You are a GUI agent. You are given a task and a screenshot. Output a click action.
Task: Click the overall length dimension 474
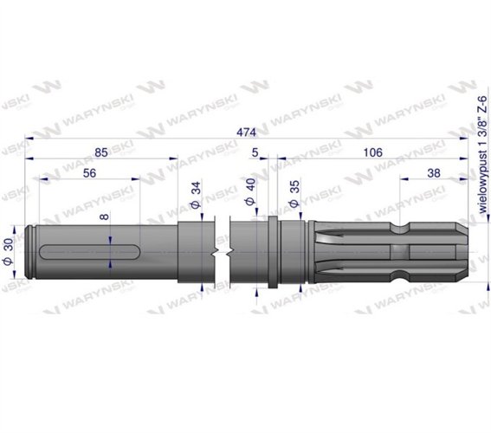click(x=246, y=132)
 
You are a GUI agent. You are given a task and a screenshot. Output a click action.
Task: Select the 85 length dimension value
click(x=101, y=152)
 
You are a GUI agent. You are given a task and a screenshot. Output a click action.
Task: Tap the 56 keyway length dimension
click(x=89, y=173)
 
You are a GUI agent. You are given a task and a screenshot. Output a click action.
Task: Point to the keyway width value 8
click(x=105, y=216)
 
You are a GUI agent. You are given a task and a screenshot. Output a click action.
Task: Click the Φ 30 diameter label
click(x=9, y=251)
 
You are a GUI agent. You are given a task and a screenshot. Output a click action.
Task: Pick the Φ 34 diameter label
click(x=196, y=196)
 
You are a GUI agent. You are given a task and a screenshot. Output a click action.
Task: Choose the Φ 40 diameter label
click(x=250, y=192)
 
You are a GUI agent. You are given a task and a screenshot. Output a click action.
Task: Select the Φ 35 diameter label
click(x=294, y=194)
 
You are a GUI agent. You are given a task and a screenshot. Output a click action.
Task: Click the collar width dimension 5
click(x=255, y=152)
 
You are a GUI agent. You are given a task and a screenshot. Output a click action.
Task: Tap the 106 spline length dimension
click(x=372, y=152)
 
